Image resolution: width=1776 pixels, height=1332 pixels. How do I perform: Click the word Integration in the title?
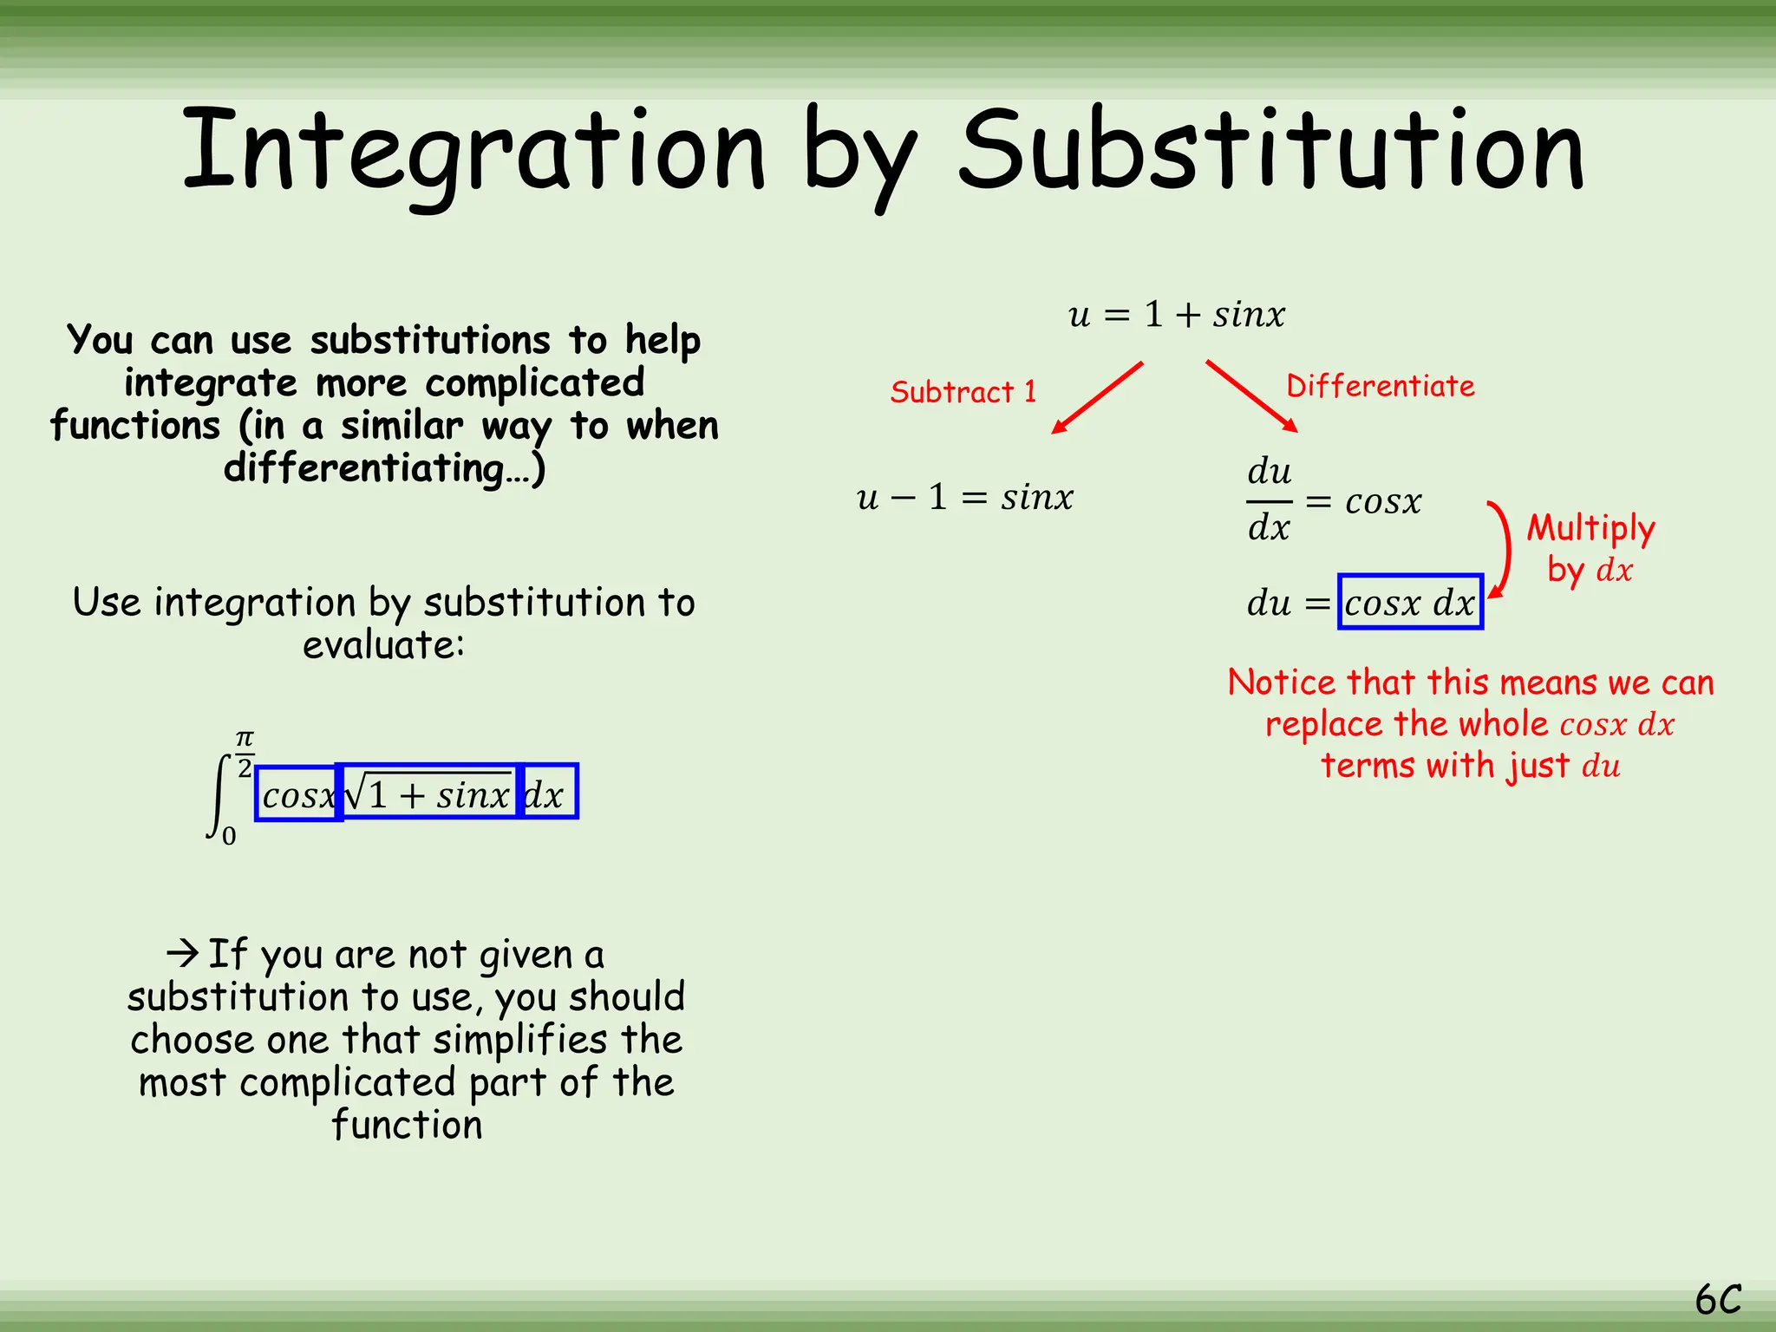point(473,152)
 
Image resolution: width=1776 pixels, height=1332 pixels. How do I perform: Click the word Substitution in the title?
point(1271,152)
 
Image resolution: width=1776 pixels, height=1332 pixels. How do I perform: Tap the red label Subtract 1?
point(963,392)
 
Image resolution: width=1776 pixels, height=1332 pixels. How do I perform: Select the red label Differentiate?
point(1380,386)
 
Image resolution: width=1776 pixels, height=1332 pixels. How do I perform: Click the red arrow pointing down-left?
point(1097,397)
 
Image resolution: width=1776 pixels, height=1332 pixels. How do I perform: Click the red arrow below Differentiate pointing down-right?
point(1251,396)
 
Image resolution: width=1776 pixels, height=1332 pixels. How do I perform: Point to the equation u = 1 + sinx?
point(1176,315)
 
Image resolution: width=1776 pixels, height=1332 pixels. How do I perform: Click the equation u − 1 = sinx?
point(964,498)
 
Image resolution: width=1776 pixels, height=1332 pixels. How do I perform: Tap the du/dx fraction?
point(1269,500)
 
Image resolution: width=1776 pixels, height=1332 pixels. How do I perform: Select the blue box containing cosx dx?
point(1410,602)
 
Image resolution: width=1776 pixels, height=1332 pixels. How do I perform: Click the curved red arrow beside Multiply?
point(1502,550)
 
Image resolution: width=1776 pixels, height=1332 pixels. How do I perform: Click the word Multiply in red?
point(1590,527)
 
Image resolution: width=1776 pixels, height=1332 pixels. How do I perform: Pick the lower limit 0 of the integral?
point(229,836)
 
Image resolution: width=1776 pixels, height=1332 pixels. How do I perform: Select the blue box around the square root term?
point(428,792)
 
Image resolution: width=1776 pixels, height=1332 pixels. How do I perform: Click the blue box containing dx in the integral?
point(547,792)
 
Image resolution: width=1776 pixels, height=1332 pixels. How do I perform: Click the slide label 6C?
point(1718,1300)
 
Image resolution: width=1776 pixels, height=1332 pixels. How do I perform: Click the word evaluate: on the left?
point(383,645)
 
